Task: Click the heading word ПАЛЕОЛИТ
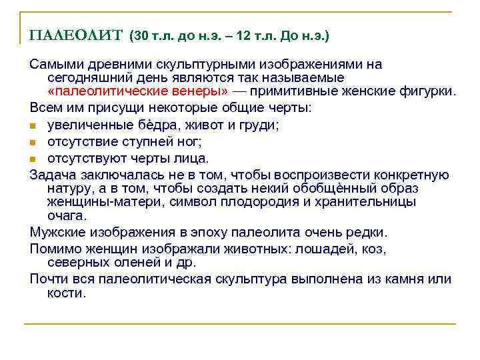[x=75, y=35]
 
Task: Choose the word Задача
[x=53, y=175]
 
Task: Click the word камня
[x=405, y=279]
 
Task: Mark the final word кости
[x=67, y=293]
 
